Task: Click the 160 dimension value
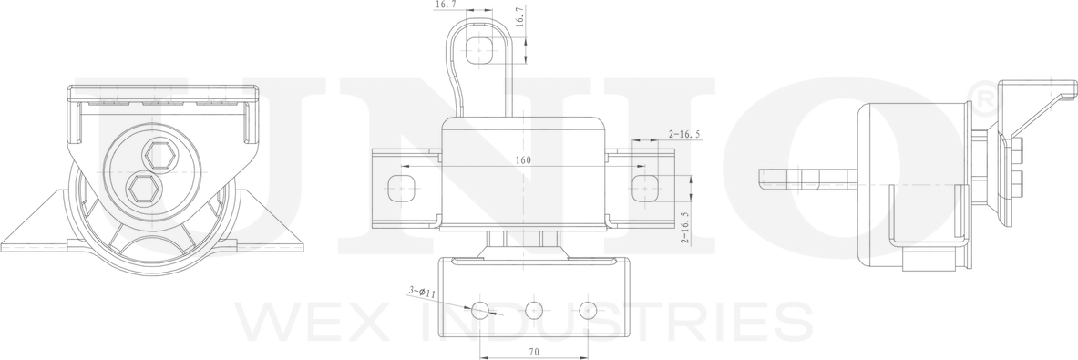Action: [x=522, y=160]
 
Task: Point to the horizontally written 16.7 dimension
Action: [x=446, y=5]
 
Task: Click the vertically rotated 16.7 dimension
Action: [x=519, y=18]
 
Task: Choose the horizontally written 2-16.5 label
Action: [x=683, y=134]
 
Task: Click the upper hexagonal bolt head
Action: [x=161, y=155]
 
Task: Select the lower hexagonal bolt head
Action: [x=142, y=188]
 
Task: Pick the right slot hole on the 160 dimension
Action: [x=645, y=188]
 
